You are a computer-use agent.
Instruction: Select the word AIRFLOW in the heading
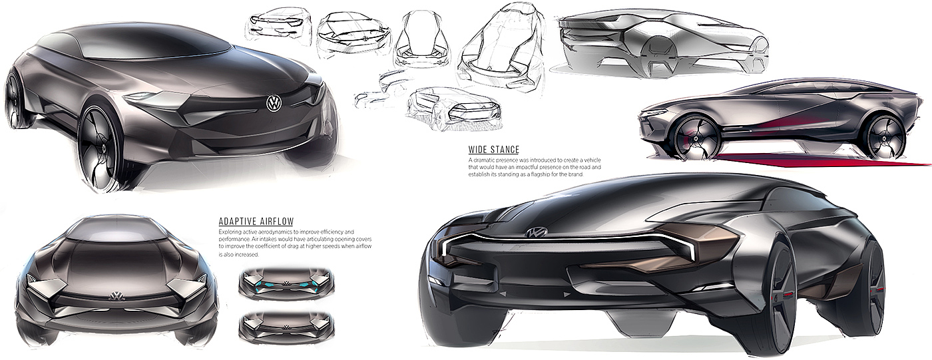click(276, 221)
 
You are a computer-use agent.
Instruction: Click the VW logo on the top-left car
click(274, 102)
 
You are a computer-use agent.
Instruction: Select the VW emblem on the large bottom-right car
click(536, 232)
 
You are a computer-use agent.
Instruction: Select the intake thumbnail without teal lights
click(284, 325)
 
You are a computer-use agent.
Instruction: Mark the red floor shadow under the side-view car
click(812, 157)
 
